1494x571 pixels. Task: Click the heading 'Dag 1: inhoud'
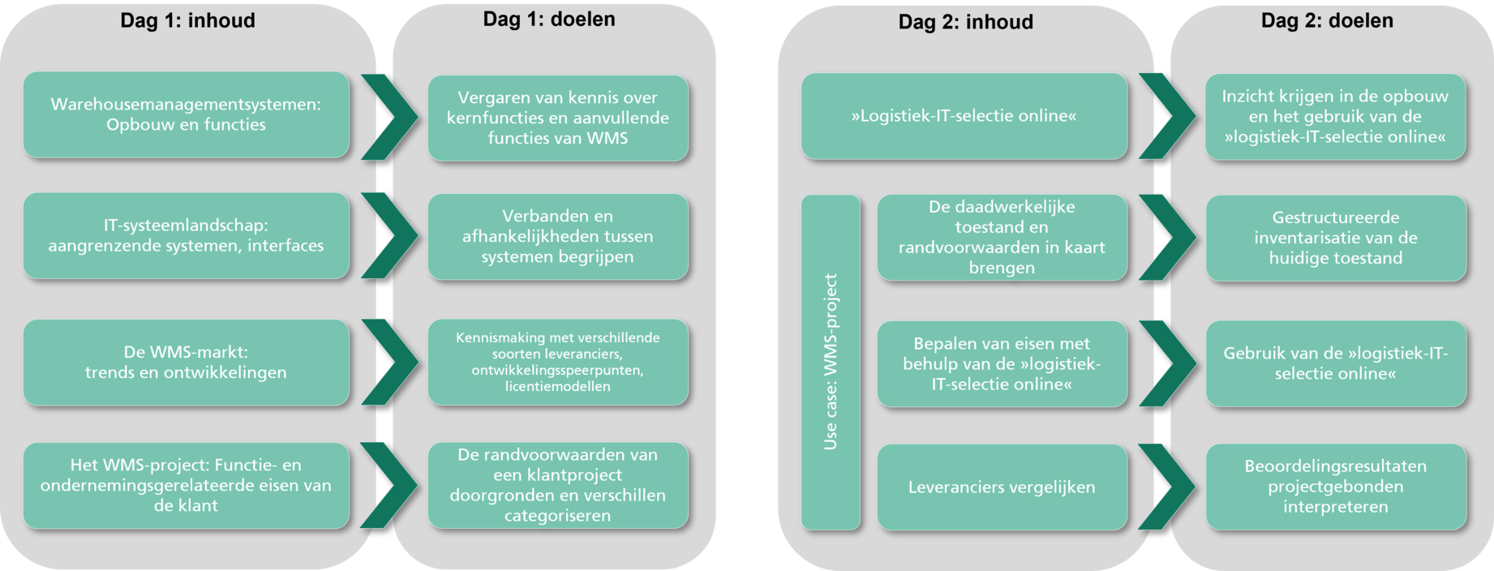coord(187,20)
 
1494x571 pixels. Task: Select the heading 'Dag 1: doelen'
coord(549,19)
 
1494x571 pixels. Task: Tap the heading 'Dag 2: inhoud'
coord(965,22)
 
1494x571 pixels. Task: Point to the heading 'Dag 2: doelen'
coord(1327,20)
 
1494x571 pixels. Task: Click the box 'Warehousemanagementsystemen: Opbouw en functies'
coord(187,114)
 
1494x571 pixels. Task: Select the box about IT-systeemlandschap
coord(187,235)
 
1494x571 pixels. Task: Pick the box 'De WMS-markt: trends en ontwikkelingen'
coord(187,362)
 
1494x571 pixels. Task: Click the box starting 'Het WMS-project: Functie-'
coord(187,485)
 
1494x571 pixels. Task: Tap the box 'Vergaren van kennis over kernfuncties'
coord(558,118)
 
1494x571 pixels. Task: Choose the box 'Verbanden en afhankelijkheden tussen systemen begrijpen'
coord(558,236)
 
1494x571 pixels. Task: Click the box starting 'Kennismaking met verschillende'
coord(558,362)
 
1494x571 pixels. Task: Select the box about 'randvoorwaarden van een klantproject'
coord(558,485)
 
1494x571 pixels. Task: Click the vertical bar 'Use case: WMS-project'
coord(831,362)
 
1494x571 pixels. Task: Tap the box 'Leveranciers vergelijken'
coord(1002,487)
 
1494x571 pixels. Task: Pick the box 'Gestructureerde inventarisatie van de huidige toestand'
coord(1336,238)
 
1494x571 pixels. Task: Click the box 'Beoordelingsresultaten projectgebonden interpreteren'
coord(1336,487)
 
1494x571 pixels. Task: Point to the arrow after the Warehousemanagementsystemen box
coord(390,117)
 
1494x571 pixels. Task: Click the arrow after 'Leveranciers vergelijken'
coord(1167,487)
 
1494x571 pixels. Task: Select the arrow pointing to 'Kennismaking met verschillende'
coord(390,362)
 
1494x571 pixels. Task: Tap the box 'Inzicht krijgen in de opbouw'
coord(1336,117)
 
